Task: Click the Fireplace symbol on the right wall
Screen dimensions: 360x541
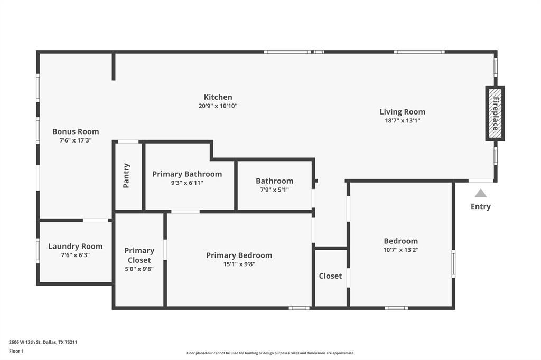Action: [495, 113]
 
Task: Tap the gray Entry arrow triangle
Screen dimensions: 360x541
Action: [480, 193]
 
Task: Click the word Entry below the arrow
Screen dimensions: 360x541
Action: [480, 206]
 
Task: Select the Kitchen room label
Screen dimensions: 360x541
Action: [218, 97]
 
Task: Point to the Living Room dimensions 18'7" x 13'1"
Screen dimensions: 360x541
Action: [402, 120]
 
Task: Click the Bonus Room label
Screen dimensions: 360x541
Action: [76, 131]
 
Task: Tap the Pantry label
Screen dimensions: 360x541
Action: [127, 175]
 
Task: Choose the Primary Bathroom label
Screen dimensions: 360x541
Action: [187, 174]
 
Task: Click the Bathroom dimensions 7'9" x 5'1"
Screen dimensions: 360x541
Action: [274, 190]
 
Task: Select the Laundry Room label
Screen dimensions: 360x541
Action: [76, 246]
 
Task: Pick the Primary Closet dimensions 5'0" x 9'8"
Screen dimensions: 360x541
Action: [139, 269]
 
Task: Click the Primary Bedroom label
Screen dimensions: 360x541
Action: [239, 255]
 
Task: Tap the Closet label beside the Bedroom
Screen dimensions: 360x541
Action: [330, 276]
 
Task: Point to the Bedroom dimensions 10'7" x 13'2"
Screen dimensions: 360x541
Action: [400, 250]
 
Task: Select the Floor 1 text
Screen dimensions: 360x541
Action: [16, 350]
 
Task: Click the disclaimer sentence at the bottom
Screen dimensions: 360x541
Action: [270, 353]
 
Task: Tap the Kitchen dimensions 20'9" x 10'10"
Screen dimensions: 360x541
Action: [218, 106]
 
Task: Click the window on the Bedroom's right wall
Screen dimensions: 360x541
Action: [453, 263]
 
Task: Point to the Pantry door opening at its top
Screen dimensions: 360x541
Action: [128, 141]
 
